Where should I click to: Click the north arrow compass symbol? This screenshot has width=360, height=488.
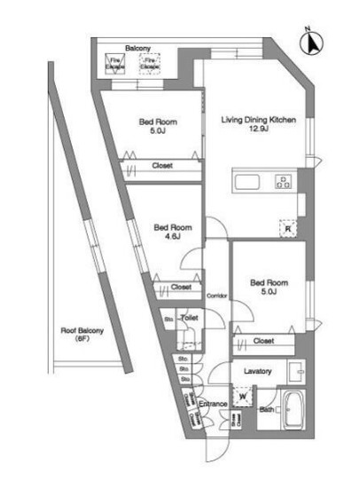click(310, 40)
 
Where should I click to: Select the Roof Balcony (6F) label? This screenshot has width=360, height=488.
click(82, 335)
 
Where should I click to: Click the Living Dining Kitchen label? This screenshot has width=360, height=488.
click(258, 120)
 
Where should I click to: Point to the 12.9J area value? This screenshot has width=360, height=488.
click(258, 131)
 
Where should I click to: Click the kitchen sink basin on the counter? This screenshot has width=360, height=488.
click(246, 184)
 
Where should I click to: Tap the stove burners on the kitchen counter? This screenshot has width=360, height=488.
click(284, 184)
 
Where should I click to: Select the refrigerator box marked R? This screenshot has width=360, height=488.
click(288, 226)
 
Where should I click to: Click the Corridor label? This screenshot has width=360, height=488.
click(217, 295)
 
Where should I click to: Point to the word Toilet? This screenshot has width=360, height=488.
click(189, 317)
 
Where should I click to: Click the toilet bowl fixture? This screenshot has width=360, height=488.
click(186, 338)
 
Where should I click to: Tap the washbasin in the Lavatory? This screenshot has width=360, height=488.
click(297, 370)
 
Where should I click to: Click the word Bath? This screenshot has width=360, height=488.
click(266, 409)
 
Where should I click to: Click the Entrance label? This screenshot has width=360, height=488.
click(213, 405)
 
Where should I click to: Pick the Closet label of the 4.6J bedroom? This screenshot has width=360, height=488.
click(181, 287)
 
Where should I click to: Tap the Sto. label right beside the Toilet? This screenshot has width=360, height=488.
click(168, 319)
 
